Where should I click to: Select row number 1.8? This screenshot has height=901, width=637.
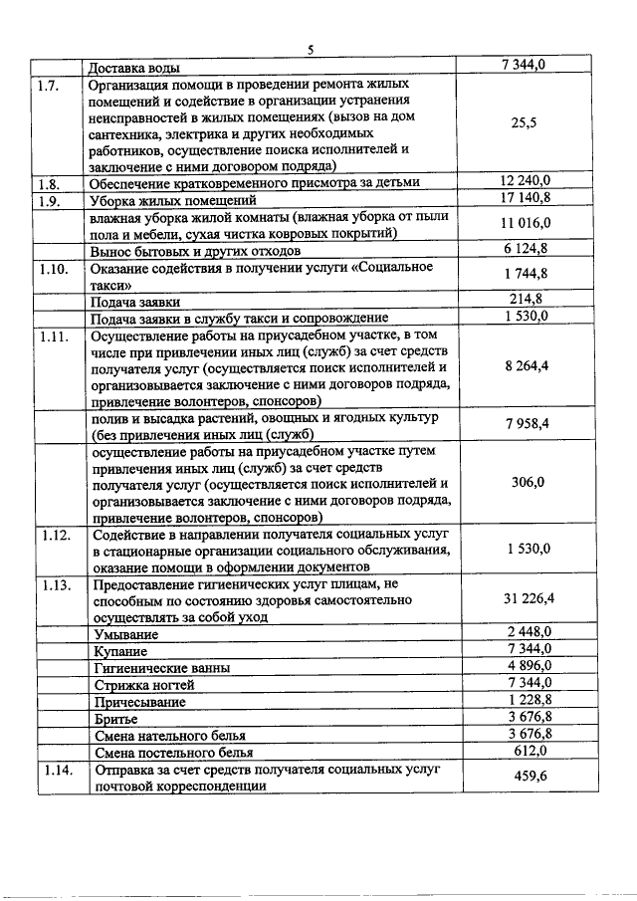49,183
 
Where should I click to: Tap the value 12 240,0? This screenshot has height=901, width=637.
528,182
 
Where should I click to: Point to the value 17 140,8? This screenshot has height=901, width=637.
528,199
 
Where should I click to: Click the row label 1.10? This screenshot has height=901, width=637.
51,268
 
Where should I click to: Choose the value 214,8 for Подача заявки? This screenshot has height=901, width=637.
528,300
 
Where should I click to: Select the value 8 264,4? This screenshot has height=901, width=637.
528,366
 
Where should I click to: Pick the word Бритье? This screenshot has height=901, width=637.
116,718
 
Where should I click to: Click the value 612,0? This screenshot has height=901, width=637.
528,750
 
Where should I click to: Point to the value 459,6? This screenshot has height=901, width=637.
528,777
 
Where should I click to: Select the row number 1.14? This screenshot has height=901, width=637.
51,770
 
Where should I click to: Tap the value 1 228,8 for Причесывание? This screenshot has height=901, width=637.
528,700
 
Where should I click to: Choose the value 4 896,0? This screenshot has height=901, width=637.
528,666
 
